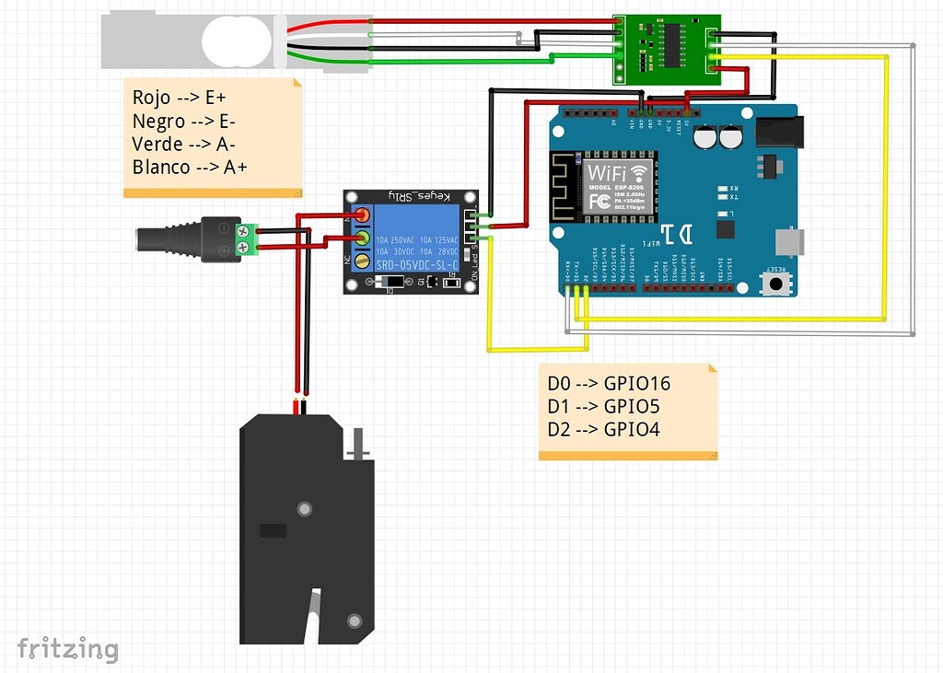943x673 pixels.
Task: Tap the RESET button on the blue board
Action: (778, 283)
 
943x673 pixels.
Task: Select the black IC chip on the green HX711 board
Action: (674, 42)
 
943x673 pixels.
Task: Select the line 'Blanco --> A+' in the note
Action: (190, 167)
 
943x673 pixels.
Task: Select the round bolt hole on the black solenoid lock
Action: (303, 508)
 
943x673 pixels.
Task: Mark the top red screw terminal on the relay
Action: (361, 216)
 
